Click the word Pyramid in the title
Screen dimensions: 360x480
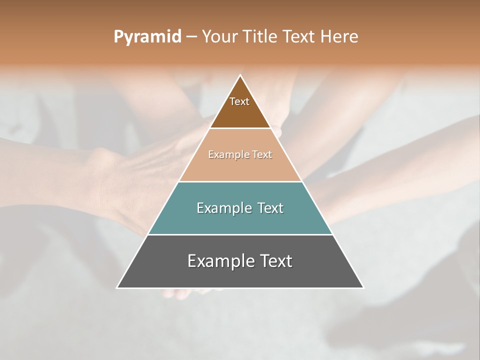pyautogui.click(x=147, y=37)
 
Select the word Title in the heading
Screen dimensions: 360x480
pyautogui.click(x=263, y=37)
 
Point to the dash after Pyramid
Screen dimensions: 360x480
pyautogui.click(x=191, y=37)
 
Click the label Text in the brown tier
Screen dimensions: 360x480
pyautogui.click(x=239, y=101)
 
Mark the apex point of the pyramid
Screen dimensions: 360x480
pyautogui.click(x=240, y=75)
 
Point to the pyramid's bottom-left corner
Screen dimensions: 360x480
pyautogui.click(x=117, y=287)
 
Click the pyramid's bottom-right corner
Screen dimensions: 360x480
pyautogui.click(x=363, y=287)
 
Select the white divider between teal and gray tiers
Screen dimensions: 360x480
pyautogui.click(x=240, y=234)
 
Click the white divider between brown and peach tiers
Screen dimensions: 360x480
pyautogui.click(x=240, y=128)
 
